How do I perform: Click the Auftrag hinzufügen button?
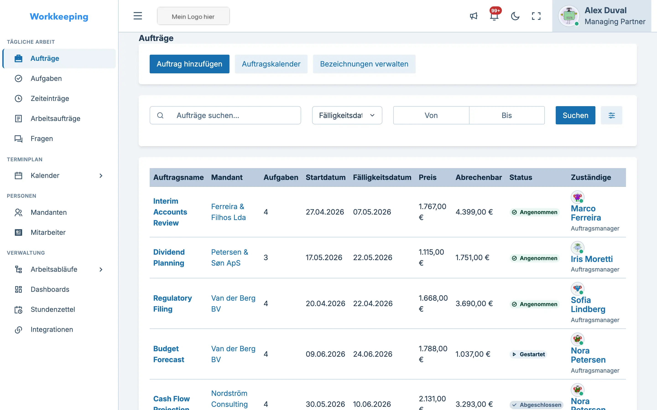coord(189,64)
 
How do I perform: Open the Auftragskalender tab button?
coord(271,64)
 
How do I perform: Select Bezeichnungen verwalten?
coord(364,64)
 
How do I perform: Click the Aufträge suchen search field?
coord(225,115)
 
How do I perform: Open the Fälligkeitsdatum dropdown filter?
coord(347,115)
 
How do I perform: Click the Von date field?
coord(431,115)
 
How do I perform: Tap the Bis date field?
coord(507,115)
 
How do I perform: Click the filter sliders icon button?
coord(611,115)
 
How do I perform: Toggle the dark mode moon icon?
coord(515,16)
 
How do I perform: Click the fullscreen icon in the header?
coord(536,16)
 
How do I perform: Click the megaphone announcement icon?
coord(474,16)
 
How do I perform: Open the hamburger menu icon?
coord(138,16)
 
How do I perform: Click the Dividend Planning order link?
coord(169,257)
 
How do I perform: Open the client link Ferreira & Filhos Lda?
coord(228,212)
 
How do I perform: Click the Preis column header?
coord(428,177)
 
